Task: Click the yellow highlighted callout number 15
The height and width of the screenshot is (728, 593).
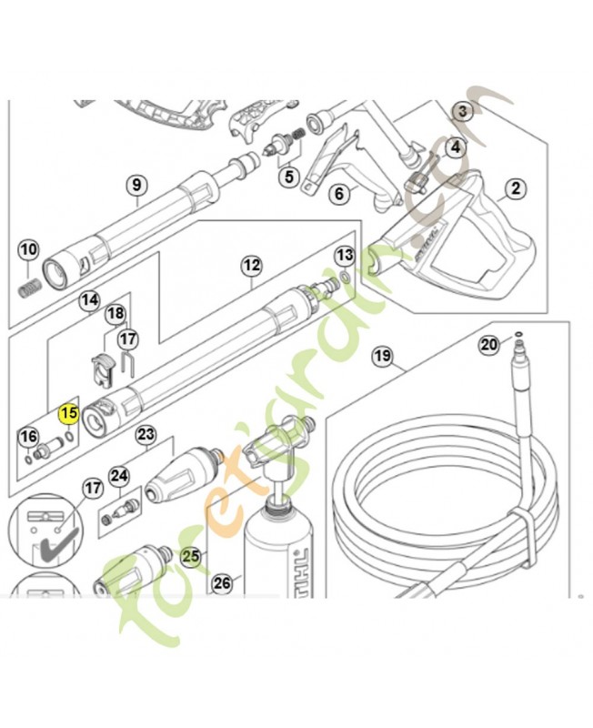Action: (x=68, y=415)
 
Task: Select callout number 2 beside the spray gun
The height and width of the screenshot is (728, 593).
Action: (x=516, y=189)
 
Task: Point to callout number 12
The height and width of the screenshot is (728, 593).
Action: (x=251, y=266)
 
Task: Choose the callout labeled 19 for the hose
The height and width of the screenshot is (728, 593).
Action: (x=382, y=356)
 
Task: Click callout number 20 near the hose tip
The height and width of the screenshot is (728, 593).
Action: (x=490, y=344)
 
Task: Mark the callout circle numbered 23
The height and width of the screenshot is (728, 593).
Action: (x=146, y=435)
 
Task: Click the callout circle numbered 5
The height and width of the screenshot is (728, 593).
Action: (x=289, y=176)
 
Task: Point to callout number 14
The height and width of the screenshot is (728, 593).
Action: (x=89, y=299)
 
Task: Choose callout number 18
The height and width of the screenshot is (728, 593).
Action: (x=116, y=314)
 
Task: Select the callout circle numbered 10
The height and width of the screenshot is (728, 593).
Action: (x=28, y=248)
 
